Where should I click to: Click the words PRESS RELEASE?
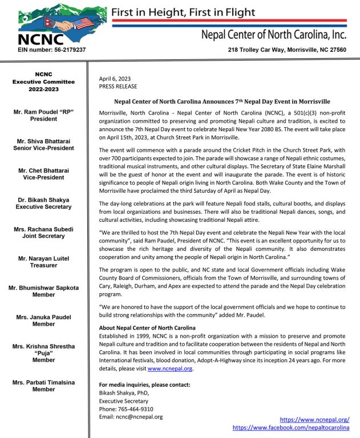coord(118,87)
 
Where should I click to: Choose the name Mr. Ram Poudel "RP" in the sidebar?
coord(43,112)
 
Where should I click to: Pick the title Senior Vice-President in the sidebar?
coord(43,148)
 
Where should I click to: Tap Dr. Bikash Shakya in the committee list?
coord(43,200)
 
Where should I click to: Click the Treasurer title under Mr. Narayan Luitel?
coord(43,266)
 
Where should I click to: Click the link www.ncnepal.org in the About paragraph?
coord(170,369)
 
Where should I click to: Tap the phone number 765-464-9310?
coord(134,409)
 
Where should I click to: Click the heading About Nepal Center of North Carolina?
coord(147,328)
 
